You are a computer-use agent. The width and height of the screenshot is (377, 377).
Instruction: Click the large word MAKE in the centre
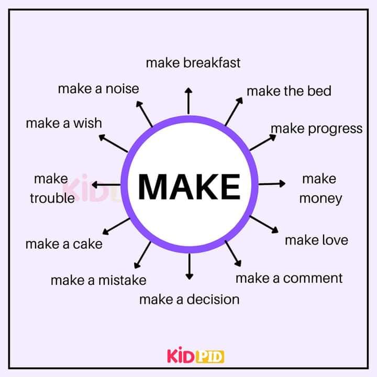pyautogui.click(x=189, y=186)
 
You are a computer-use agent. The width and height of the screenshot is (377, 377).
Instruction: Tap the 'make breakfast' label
pyautogui.click(x=193, y=63)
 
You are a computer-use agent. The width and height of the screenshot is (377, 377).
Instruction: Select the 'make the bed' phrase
pyautogui.click(x=289, y=91)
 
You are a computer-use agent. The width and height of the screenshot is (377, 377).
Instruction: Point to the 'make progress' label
pyautogui.click(x=317, y=129)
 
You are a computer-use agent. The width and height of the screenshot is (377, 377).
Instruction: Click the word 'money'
pyautogui.click(x=320, y=199)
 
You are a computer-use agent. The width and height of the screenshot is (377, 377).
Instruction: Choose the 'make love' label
pyautogui.click(x=316, y=240)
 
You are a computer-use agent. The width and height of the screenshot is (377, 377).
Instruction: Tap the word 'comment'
pyautogui.click(x=313, y=279)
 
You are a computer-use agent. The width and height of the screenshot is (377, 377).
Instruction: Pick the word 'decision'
pyautogui.click(x=213, y=300)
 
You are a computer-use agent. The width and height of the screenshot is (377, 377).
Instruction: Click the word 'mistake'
pyautogui.click(x=123, y=280)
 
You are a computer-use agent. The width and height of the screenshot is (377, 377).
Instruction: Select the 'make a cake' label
pyautogui.click(x=64, y=244)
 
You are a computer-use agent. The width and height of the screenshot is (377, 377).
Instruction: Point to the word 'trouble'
pyautogui.click(x=52, y=198)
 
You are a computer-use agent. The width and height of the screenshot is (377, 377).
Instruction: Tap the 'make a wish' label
pyautogui.click(x=64, y=123)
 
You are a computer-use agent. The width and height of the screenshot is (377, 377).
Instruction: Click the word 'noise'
pyautogui.click(x=123, y=88)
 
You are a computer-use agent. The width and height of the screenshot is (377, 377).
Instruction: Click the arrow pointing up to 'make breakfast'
pyautogui.click(x=188, y=101)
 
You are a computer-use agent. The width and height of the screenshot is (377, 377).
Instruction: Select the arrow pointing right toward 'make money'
pyautogui.click(x=272, y=184)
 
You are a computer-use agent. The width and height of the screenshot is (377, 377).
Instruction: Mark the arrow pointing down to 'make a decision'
pyautogui.click(x=190, y=267)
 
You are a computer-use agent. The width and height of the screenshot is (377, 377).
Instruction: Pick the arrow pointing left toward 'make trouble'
pyautogui.click(x=106, y=185)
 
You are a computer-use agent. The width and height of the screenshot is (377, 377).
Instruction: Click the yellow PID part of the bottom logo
pyautogui.click(x=210, y=357)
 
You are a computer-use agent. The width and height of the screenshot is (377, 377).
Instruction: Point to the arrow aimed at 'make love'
pyautogui.click(x=264, y=225)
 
